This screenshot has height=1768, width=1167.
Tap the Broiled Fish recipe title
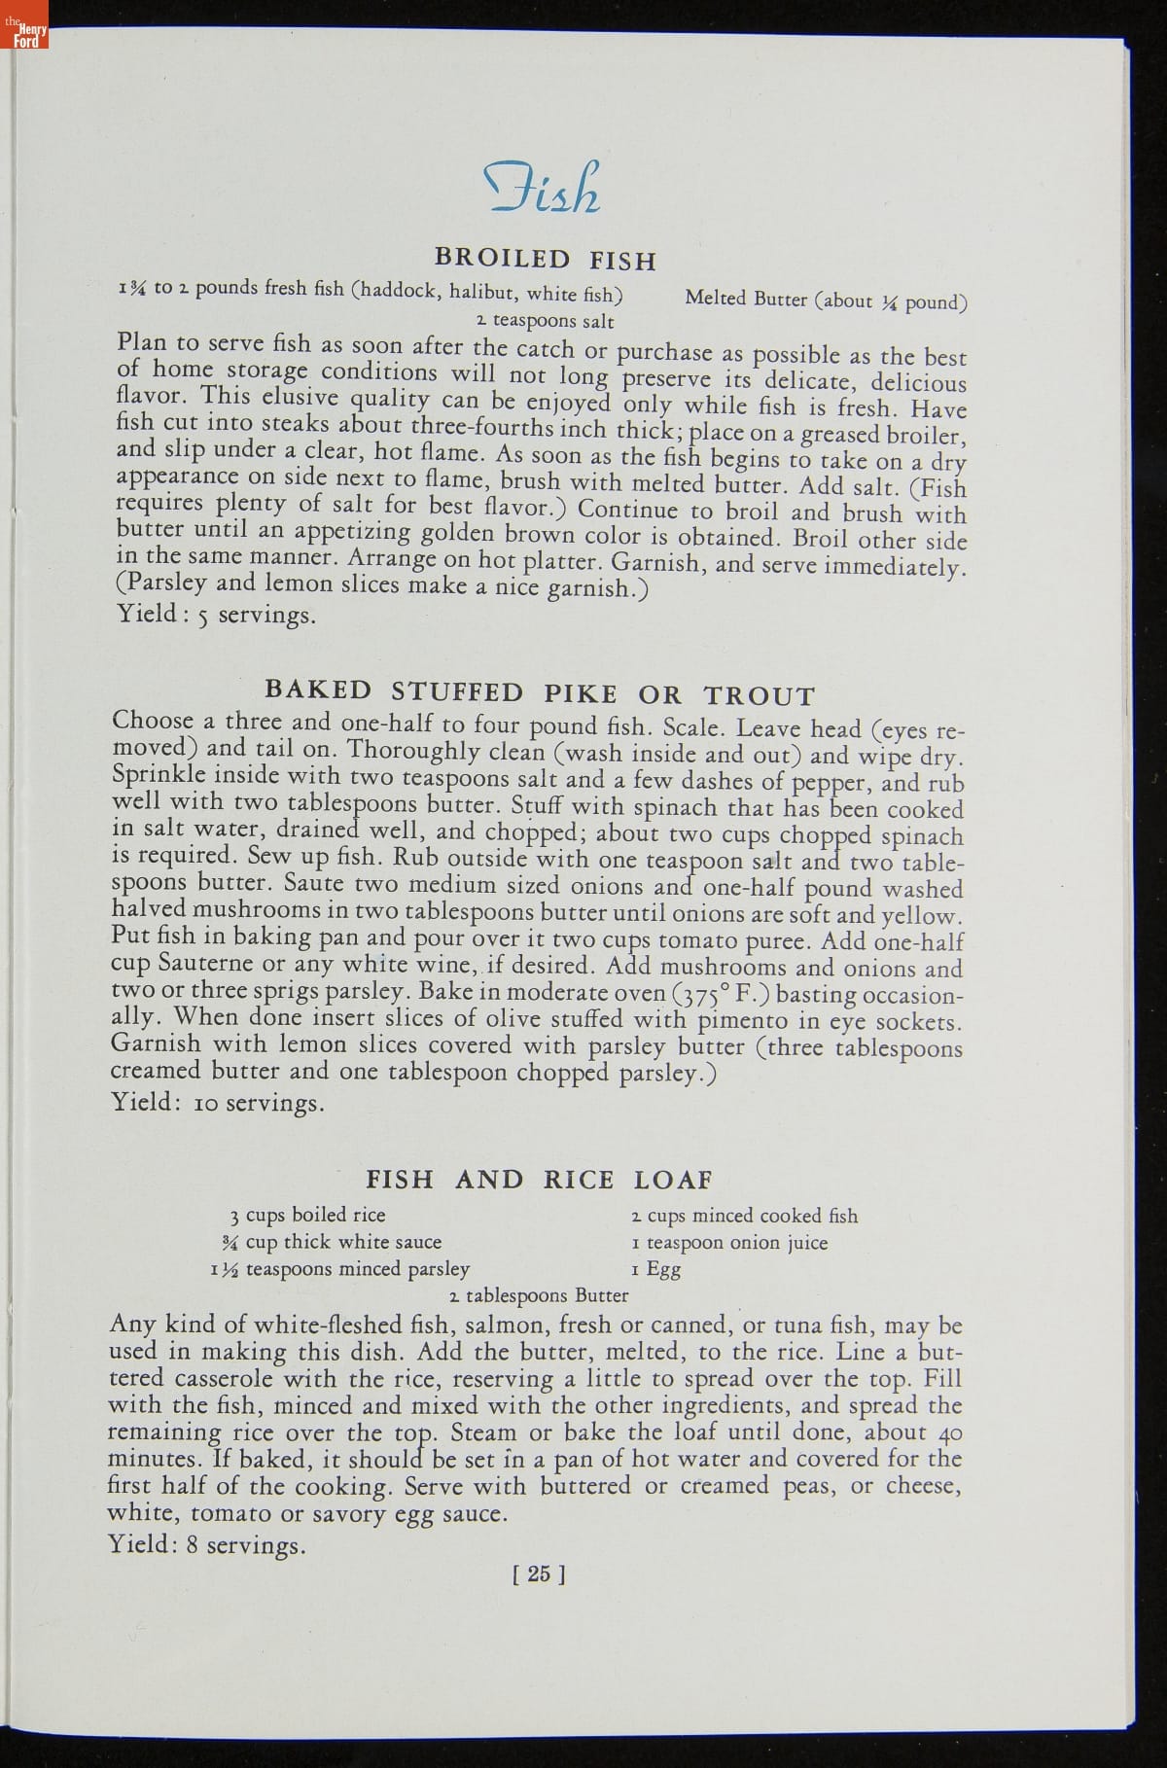546,260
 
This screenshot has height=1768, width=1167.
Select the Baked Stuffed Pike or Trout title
540,693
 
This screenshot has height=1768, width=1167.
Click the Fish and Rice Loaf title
539,1180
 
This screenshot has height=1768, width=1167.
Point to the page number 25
538,1573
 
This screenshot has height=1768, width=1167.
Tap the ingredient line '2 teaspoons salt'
545,321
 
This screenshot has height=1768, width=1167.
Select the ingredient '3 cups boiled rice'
307,1215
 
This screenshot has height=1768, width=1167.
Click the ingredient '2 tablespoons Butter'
539,1295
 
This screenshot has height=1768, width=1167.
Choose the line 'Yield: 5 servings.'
216,616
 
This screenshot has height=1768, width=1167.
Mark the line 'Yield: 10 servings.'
217,1103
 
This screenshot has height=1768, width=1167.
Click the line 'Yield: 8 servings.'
206,1544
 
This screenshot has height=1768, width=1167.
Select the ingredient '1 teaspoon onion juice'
729,1243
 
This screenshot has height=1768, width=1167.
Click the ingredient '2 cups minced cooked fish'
745,1216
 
